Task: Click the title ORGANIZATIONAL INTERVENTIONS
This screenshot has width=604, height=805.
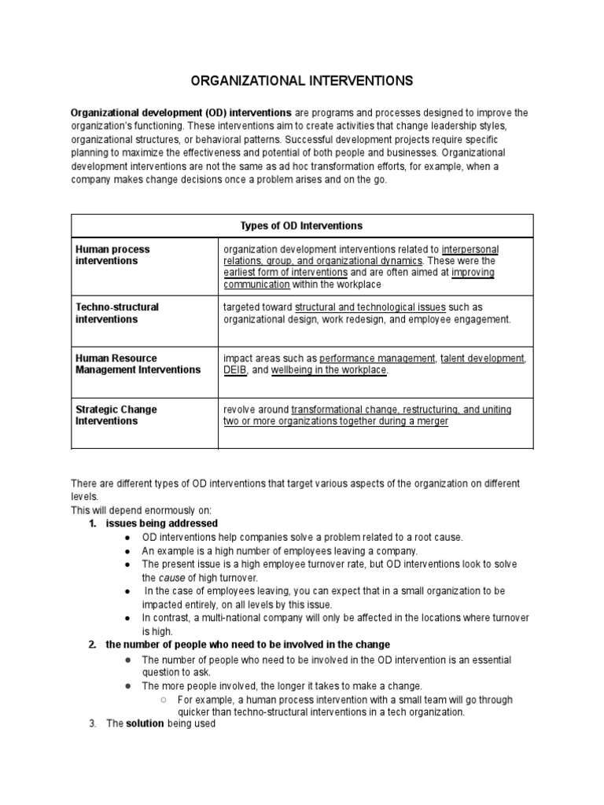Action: pyautogui.click(x=303, y=80)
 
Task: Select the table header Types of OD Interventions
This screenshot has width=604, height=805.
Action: pyautogui.click(x=302, y=226)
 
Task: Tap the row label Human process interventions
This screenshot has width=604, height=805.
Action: pyautogui.click(x=112, y=255)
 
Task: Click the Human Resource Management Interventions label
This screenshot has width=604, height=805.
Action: pyautogui.click(x=138, y=364)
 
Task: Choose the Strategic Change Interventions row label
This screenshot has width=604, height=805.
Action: pyautogui.click(x=116, y=415)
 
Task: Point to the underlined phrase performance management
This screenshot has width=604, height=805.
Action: pyautogui.click(x=377, y=358)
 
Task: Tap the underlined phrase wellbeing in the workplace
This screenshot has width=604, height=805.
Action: pyautogui.click(x=330, y=370)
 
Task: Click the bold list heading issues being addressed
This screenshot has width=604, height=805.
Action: pyautogui.click(x=162, y=524)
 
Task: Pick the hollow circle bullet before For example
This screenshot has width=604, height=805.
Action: pyautogui.click(x=161, y=700)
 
